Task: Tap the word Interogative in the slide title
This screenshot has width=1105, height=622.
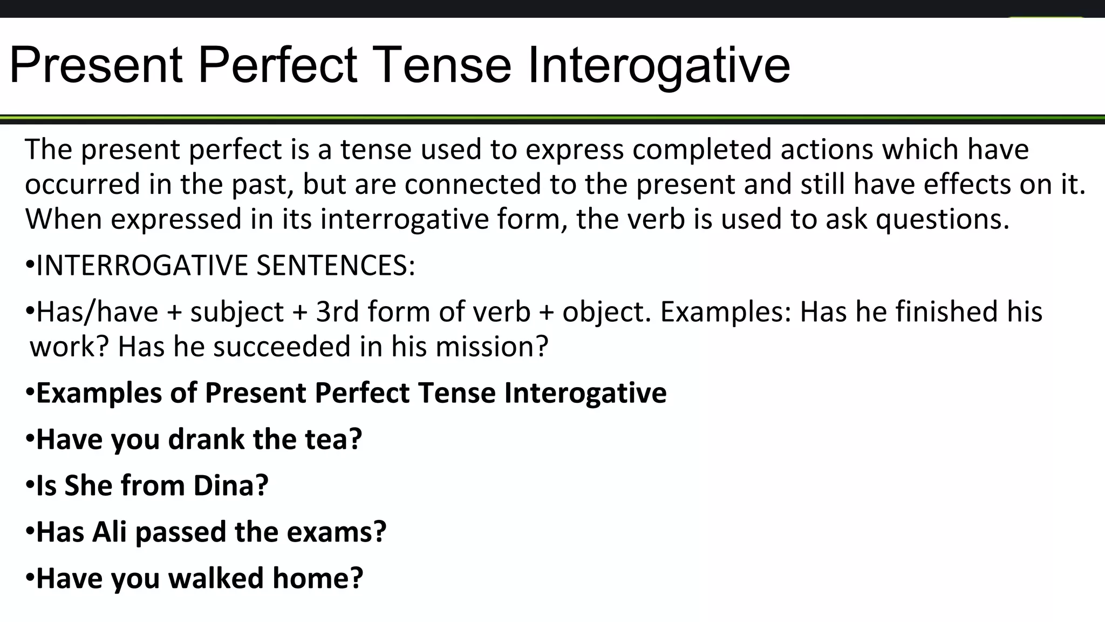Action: point(659,65)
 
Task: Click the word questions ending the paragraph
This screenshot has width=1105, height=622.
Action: point(942,219)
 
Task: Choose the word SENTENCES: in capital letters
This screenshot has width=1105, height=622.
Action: point(336,265)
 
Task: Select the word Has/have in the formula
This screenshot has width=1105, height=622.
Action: point(97,312)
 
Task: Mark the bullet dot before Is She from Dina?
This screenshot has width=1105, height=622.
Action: point(30,485)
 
